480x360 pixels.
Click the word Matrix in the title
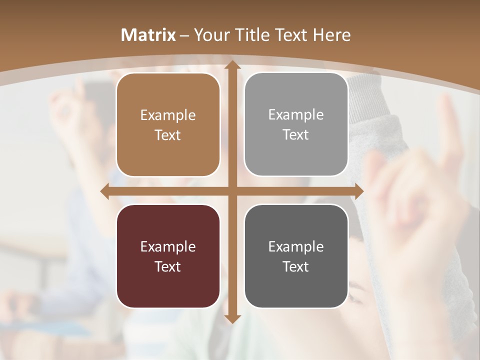[x=148, y=35]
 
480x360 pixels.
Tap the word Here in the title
[x=331, y=35]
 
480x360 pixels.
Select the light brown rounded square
[x=168, y=124]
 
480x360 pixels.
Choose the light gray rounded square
[x=296, y=124]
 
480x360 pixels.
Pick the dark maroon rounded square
[x=168, y=256]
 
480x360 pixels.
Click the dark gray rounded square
[x=296, y=256]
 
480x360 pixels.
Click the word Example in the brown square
[x=168, y=115]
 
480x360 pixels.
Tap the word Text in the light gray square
[x=296, y=134]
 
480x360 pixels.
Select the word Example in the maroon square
[x=168, y=247]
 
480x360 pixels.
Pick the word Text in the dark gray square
[x=296, y=266]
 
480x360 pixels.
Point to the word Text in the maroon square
[x=168, y=266]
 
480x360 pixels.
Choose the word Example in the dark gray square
[x=296, y=247]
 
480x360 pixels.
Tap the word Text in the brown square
[x=168, y=135]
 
